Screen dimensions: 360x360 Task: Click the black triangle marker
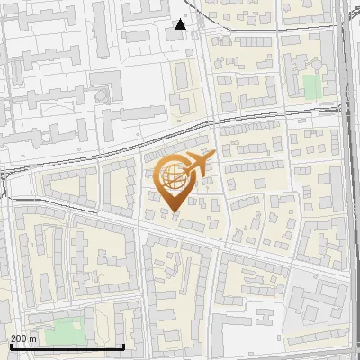pos(181,24)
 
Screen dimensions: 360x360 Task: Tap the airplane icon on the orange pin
pos(196,165)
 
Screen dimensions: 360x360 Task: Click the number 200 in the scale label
pos(19,338)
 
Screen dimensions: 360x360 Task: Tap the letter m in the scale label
pos(33,338)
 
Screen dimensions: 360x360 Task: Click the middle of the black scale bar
pos(65,346)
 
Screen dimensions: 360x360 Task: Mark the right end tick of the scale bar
pos(123,346)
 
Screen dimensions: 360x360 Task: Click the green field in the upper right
pos(311,86)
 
